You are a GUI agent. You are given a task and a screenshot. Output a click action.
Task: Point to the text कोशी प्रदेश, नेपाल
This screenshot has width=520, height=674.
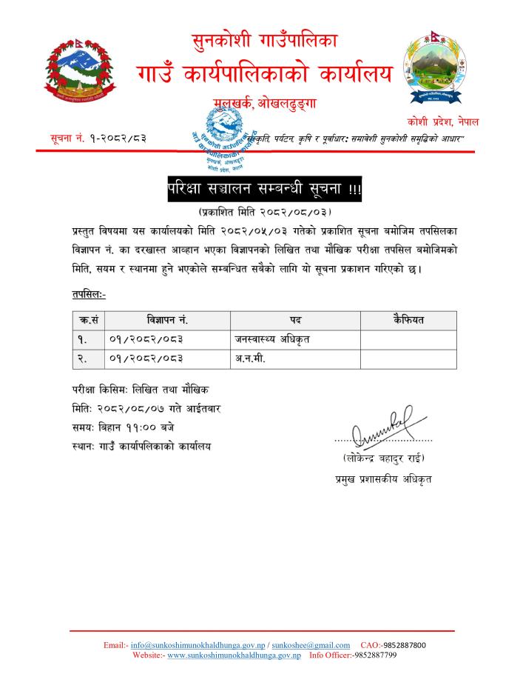(x=442, y=121)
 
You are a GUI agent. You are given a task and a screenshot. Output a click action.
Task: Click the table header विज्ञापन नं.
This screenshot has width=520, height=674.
(x=168, y=321)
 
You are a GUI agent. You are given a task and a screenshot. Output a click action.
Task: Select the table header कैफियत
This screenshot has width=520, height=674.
(x=408, y=321)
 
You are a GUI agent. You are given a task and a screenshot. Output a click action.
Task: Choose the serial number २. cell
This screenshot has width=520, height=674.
(x=84, y=358)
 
